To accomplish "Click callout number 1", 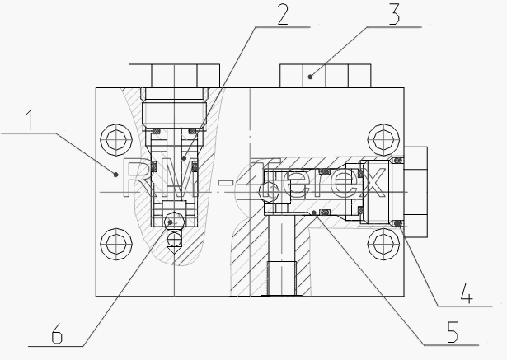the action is tap(30, 120).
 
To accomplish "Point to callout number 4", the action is tap(467, 293).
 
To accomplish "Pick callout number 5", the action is tap(453, 332).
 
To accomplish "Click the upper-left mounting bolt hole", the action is tap(116, 139).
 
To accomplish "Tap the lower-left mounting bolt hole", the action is tap(116, 245).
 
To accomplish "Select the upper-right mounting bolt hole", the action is tap(383, 139).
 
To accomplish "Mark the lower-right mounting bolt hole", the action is tap(383, 245).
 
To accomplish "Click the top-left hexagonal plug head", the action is tap(174, 76).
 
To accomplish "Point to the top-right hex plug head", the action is tap(326, 76).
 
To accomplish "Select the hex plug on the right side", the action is tap(415, 192).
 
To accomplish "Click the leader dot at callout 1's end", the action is tap(115, 175).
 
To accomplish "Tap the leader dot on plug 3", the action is tap(311, 77).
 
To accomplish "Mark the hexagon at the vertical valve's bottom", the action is tap(174, 222).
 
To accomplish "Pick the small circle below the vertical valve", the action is tap(174, 240).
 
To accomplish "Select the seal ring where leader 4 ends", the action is tap(398, 223).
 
